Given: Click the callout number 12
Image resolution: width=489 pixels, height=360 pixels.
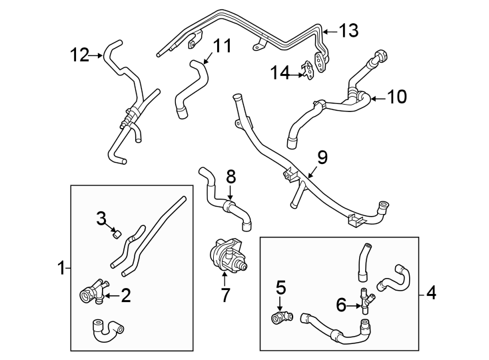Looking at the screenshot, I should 79,55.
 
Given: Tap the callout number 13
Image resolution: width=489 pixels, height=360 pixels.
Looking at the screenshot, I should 348,30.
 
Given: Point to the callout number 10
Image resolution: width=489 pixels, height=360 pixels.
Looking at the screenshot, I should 396,97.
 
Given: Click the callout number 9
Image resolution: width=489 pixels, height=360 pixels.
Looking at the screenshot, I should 322,157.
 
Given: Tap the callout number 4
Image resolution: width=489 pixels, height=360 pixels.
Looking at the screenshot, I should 431,292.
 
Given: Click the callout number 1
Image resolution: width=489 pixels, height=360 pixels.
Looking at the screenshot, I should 61,269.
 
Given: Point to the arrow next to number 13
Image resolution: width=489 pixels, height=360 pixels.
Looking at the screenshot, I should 330,30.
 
